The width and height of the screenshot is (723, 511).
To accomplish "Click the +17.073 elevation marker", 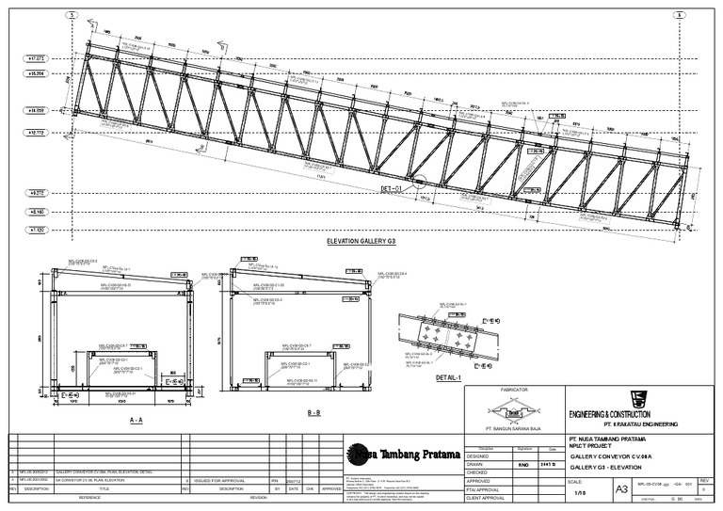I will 39,58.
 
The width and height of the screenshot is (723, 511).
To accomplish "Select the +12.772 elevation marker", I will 39,133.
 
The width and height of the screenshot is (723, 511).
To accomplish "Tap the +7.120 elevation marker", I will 39,229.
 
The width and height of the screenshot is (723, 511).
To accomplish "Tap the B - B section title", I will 313,413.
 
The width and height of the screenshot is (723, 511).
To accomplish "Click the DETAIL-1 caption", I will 447,377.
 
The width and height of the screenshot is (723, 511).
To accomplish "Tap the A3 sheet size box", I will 620,489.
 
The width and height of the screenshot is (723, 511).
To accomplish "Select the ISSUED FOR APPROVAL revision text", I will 218,479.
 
